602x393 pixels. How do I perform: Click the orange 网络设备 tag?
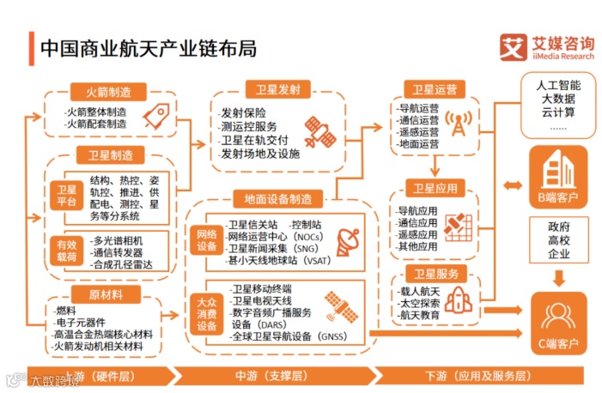[x=207, y=241]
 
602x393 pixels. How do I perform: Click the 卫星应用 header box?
[x=435, y=188]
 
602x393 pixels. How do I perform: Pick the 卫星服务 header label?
[x=435, y=275]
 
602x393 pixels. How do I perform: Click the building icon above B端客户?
[x=558, y=170]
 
